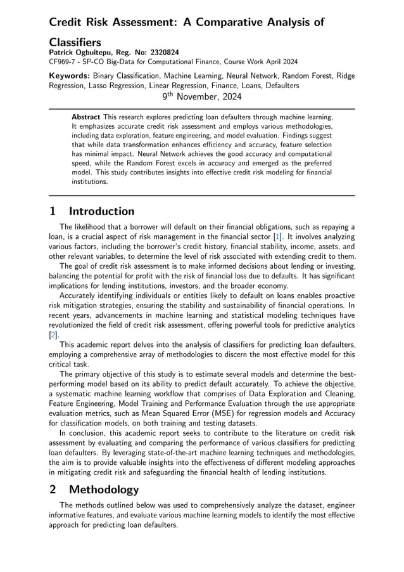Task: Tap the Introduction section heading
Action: (x=101, y=211)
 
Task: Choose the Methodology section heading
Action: (x=103, y=490)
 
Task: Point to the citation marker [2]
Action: (x=53, y=335)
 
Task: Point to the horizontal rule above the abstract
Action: (x=202, y=108)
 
